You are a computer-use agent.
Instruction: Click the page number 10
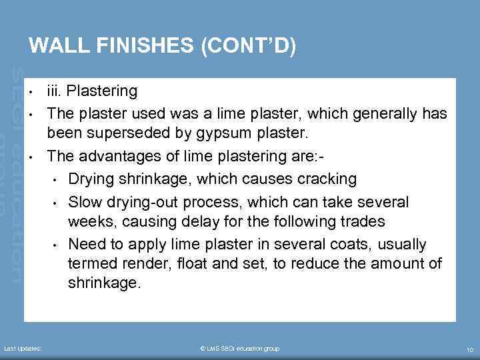point(470,349)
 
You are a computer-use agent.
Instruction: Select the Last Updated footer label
point(23,349)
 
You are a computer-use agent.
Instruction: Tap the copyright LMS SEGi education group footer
point(239,349)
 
